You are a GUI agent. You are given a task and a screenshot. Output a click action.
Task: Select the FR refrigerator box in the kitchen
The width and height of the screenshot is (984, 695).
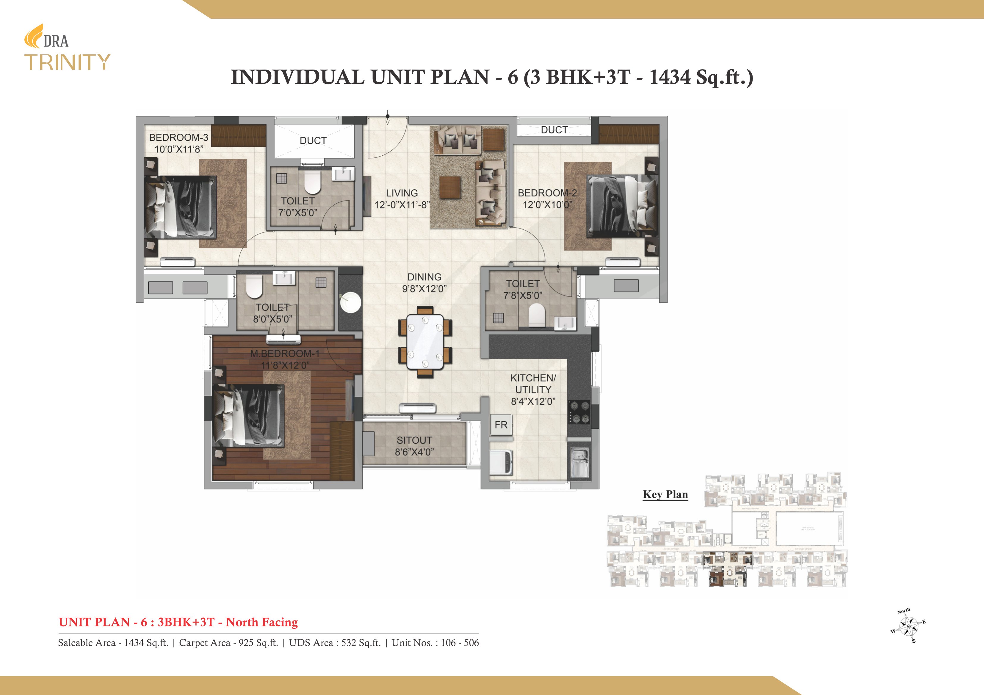[501, 425]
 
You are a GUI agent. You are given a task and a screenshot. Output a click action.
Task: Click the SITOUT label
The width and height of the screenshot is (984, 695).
[414, 440]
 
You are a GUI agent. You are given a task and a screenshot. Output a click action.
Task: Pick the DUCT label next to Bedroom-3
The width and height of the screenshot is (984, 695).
[313, 141]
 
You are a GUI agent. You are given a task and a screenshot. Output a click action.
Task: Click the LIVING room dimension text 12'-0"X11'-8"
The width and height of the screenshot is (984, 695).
[402, 205]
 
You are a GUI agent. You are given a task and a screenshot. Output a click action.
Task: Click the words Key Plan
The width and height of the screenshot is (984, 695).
[665, 495]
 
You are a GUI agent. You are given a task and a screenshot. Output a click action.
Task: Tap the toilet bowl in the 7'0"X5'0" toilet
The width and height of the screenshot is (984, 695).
[312, 184]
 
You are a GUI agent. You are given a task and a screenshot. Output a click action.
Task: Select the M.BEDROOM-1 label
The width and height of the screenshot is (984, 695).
[285, 354]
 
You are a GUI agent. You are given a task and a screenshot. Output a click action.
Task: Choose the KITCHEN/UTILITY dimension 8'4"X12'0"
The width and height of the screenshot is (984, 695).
[533, 401]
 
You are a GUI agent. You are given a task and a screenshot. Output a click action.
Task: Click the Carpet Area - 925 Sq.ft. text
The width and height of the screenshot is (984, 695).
[228, 643]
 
